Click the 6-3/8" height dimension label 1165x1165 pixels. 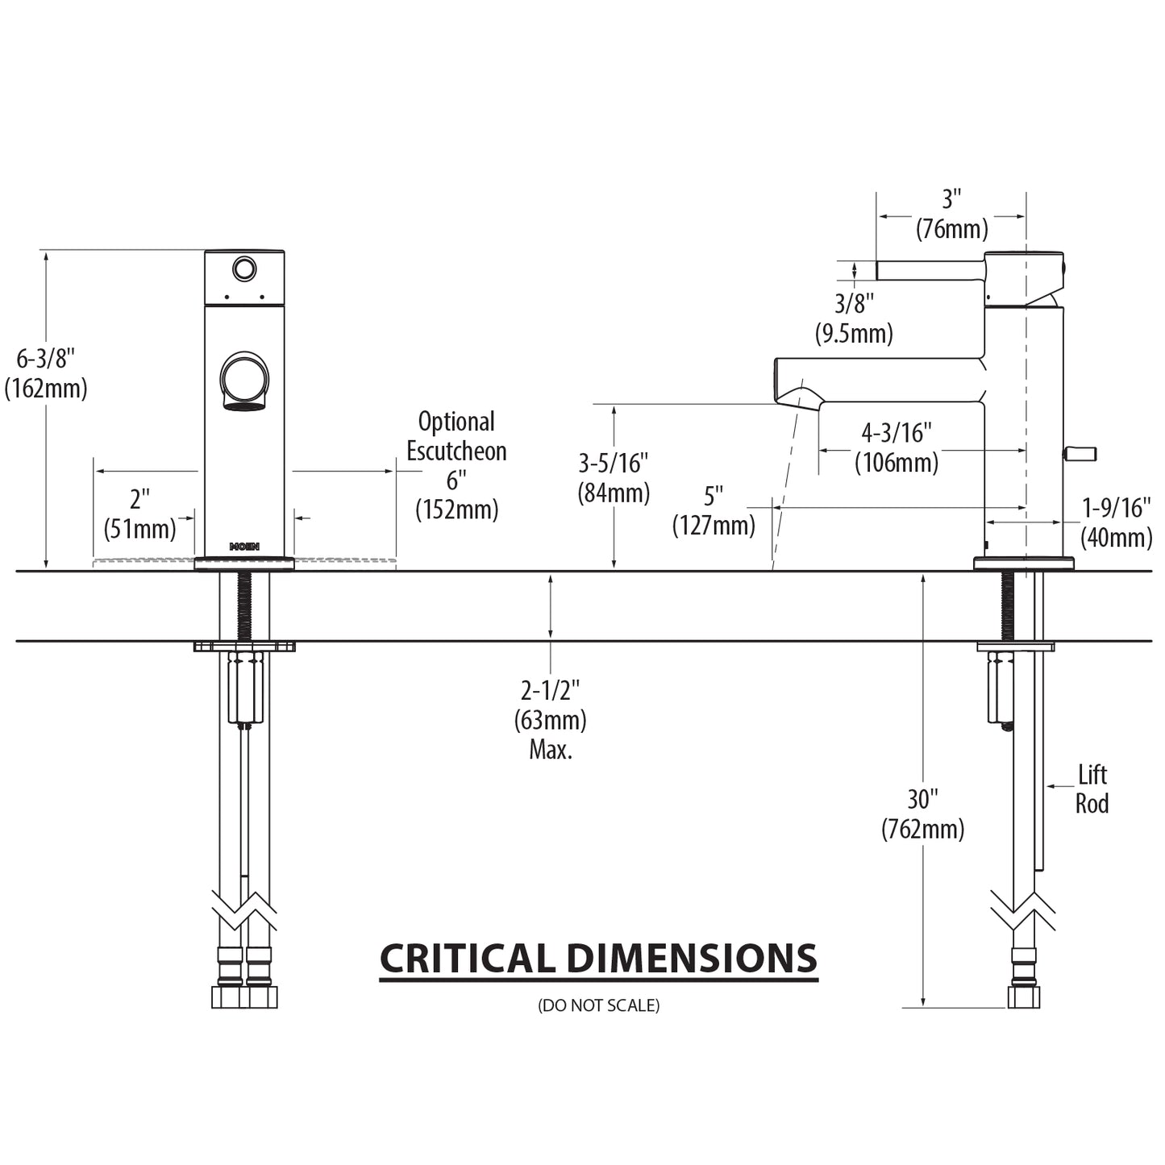46,357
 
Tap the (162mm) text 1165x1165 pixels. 46,389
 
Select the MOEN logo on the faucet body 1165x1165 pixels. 244,547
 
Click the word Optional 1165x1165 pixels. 456,422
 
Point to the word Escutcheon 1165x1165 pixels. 456,451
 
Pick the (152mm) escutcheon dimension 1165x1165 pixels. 456,510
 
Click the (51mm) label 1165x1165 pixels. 139,529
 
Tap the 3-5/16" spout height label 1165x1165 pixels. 614,463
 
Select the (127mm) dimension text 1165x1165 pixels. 714,526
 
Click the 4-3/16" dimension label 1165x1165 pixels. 897,433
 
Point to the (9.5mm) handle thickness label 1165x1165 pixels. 854,333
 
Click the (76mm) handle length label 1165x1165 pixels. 951,229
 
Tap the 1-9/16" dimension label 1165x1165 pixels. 1116,507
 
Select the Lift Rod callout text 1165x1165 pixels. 1092,789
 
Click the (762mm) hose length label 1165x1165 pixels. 922,829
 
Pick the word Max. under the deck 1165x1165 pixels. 551,750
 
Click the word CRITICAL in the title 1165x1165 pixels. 467,959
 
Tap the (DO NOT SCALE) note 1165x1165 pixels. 598,1005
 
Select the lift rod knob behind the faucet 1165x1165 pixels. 1080,454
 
